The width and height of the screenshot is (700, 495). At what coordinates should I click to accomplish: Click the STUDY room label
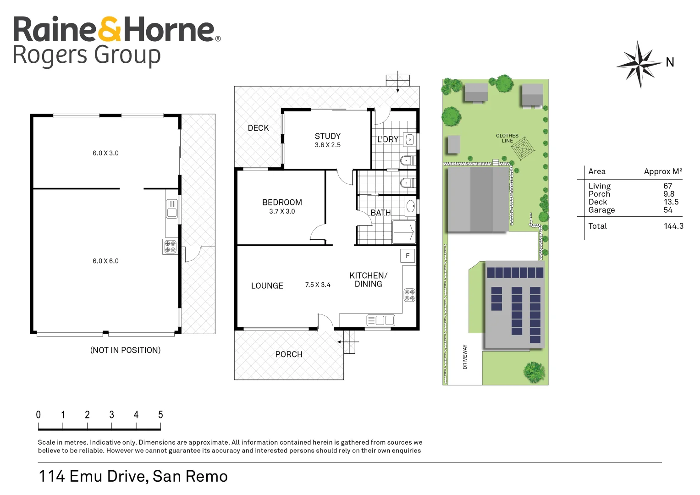click(x=327, y=136)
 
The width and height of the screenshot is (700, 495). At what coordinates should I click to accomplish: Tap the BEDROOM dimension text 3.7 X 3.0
click(x=282, y=211)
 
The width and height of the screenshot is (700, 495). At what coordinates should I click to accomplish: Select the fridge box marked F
click(x=408, y=256)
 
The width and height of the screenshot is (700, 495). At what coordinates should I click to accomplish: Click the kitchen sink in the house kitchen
click(x=380, y=320)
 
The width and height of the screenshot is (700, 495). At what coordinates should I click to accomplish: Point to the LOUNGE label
click(x=267, y=286)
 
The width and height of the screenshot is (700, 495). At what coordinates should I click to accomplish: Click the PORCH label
click(x=289, y=354)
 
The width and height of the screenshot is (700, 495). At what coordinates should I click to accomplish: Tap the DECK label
click(x=258, y=128)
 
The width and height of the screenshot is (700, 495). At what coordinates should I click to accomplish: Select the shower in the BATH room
click(x=404, y=232)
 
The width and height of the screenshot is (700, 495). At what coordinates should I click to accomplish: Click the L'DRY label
click(x=387, y=139)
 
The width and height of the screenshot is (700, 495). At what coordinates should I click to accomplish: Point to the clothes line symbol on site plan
click(x=522, y=148)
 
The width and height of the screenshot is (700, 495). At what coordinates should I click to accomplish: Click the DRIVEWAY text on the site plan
click(x=465, y=357)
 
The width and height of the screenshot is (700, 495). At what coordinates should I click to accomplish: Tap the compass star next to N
click(x=639, y=65)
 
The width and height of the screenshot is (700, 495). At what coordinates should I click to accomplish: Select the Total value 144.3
click(x=673, y=226)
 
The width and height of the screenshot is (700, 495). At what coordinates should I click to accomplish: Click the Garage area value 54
click(x=668, y=210)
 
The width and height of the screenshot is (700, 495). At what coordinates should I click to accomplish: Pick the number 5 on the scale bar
click(x=160, y=414)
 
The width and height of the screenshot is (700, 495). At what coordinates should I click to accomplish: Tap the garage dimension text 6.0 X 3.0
click(x=105, y=153)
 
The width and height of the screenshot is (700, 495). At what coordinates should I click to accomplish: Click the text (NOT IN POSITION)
click(x=125, y=350)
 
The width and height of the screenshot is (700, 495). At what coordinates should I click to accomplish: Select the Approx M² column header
click(x=663, y=171)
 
